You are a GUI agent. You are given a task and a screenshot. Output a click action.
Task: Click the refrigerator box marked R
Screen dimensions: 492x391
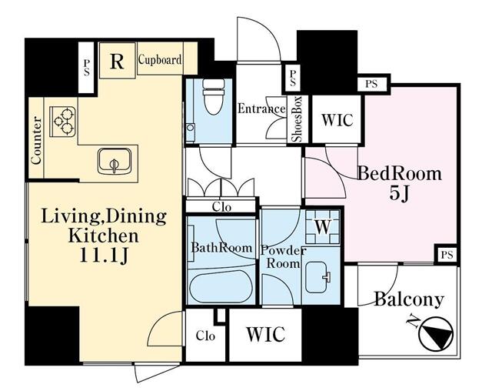click(x=118, y=60)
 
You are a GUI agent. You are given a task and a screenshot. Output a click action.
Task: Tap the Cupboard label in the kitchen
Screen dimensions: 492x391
click(x=160, y=59)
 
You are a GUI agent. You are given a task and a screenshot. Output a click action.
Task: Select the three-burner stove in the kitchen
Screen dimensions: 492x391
click(x=63, y=122)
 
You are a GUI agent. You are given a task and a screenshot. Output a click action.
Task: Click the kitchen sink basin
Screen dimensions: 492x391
click(x=114, y=160)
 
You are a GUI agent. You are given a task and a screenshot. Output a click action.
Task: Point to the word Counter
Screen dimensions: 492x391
click(x=36, y=140)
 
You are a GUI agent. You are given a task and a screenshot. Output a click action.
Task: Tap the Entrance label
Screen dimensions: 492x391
click(x=261, y=109)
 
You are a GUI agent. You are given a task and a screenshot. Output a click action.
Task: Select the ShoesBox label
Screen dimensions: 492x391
click(x=297, y=119)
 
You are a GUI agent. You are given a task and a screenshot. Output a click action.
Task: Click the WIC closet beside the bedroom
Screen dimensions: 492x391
click(x=337, y=119)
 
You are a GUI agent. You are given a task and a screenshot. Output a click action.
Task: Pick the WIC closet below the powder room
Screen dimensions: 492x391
click(x=265, y=334)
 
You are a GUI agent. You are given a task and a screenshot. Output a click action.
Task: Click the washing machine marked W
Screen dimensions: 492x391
click(x=323, y=227)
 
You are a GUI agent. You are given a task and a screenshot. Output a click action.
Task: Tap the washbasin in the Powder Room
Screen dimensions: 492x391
click(x=317, y=277)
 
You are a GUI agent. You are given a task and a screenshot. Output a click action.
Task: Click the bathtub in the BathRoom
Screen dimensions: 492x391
click(x=221, y=286)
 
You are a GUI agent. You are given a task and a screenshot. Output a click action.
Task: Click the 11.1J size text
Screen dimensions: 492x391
click(x=104, y=256)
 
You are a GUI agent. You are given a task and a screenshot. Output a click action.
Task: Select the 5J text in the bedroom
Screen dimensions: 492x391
click(x=400, y=194)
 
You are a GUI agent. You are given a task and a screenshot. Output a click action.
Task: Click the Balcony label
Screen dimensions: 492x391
click(x=409, y=299)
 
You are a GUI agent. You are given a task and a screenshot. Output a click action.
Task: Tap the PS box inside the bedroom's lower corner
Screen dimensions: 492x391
click(x=447, y=255)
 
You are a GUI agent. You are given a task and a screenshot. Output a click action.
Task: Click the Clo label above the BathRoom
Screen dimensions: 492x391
click(x=221, y=207)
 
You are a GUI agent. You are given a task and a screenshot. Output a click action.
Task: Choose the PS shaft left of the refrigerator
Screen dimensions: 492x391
click(x=85, y=68)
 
